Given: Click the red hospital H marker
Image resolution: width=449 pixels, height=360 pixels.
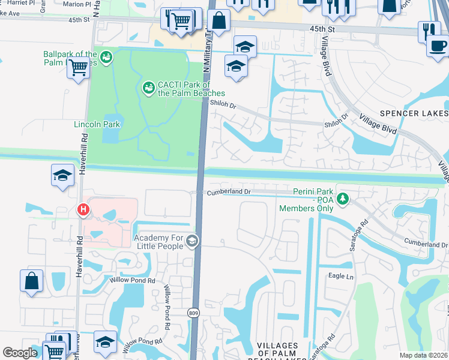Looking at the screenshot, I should tap(83, 209).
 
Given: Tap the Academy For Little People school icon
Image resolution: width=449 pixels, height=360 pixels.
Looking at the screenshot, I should tap(192, 241).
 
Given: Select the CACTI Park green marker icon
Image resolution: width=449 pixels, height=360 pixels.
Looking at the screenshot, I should tap(148, 89).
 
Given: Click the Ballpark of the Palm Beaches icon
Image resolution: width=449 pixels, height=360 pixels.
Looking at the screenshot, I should tap(106, 57).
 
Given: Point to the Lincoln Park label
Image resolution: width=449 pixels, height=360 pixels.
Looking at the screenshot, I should tap(97, 124).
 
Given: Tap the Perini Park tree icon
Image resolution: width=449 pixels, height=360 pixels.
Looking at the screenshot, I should tap(342, 198).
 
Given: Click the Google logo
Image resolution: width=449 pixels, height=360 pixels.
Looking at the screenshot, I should tap(20, 353).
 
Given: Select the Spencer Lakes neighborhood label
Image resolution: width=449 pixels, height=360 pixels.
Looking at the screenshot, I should tap(414, 113).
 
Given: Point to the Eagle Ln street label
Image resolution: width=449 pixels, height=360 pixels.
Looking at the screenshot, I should tap(342, 276).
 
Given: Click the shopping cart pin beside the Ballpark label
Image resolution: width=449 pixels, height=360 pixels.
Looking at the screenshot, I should tap(78, 68).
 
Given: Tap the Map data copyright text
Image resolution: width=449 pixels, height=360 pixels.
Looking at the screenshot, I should tap(424, 355).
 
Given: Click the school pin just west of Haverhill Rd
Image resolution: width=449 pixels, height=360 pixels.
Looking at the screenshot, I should tap(62, 176).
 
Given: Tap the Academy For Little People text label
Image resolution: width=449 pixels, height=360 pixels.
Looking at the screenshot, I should tap(160, 242).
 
